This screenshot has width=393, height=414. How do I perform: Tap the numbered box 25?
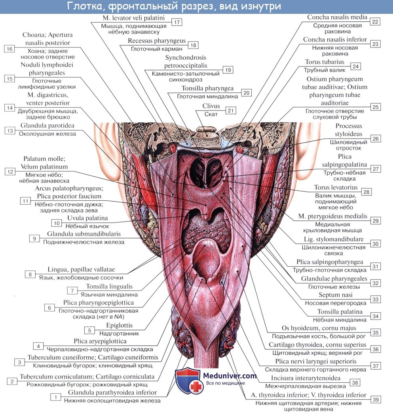(x=375, y=107)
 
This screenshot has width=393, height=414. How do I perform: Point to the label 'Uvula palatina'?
(x=87, y=218)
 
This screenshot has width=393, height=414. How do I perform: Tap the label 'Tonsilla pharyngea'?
(x=207, y=88)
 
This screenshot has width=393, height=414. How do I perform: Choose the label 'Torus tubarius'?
(x=325, y=62)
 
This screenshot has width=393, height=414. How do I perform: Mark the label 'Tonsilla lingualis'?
(x=109, y=287)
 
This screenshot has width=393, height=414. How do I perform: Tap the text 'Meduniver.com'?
(x=230, y=376)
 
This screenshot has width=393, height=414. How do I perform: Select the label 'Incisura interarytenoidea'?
(x=306, y=378)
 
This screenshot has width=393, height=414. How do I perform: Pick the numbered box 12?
(x=9, y=171)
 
